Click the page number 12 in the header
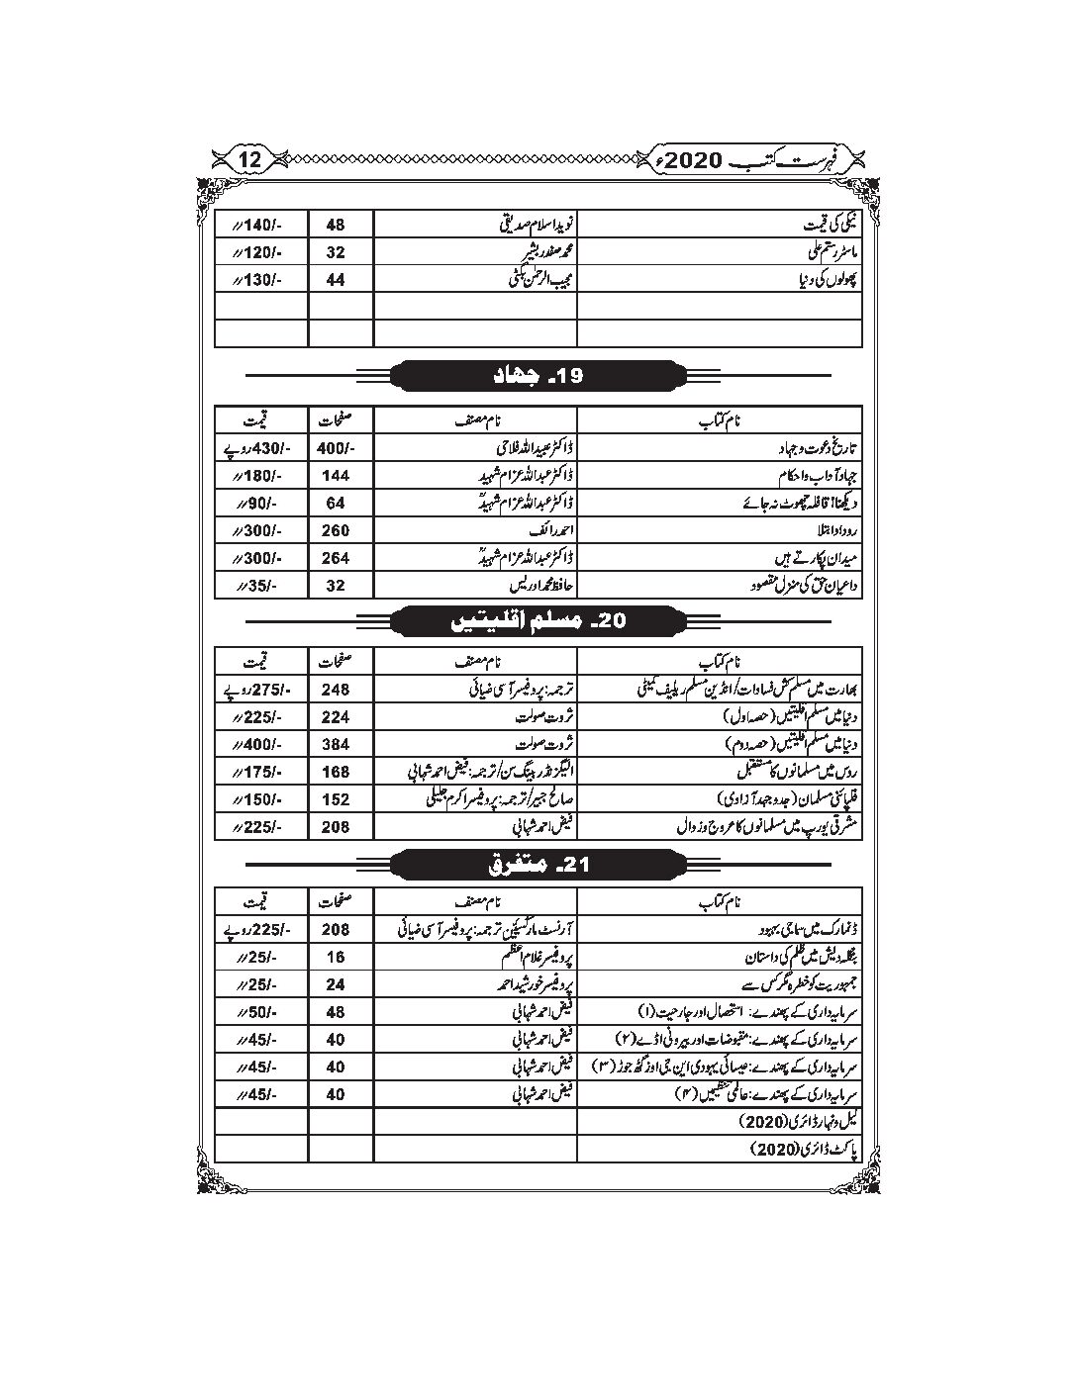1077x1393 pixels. point(250,158)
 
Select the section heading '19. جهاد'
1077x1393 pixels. point(538,376)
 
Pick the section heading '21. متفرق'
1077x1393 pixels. point(538,865)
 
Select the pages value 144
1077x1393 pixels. point(336,475)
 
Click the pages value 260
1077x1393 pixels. point(336,530)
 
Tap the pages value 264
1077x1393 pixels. point(336,558)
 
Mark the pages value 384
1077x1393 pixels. point(336,742)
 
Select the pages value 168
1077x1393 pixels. point(336,770)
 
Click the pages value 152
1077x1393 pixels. point(336,797)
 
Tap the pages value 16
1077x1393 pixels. point(336,958)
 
